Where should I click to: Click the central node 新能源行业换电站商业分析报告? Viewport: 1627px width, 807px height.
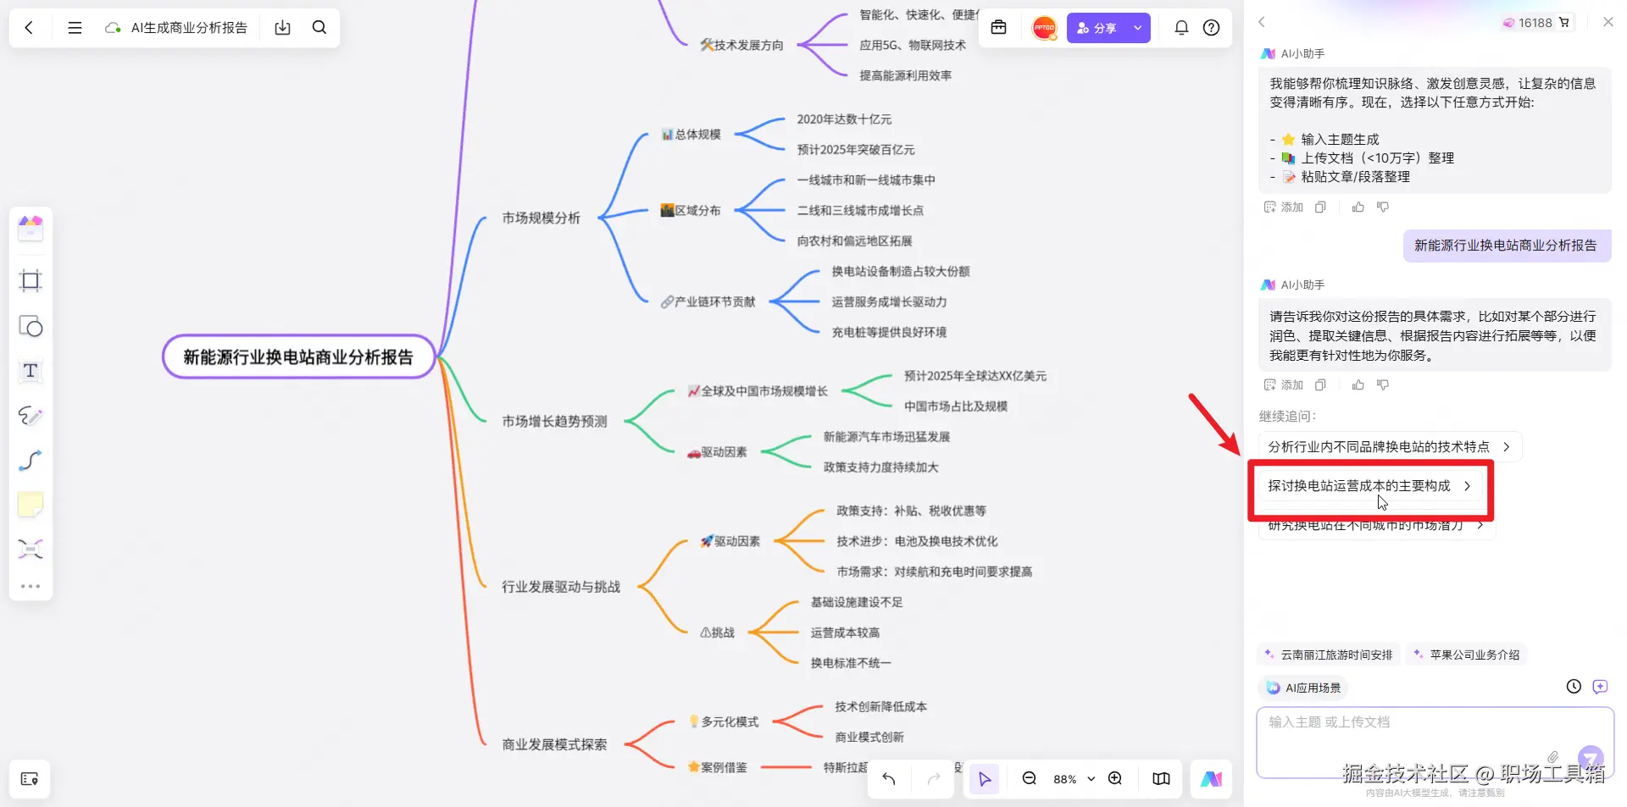coord(298,357)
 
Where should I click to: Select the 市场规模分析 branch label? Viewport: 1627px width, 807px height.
coord(541,218)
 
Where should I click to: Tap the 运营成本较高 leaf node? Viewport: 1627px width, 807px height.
coord(845,633)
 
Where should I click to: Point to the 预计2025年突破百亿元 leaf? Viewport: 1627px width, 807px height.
coord(855,150)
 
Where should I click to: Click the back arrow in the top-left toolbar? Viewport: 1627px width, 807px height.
coord(29,28)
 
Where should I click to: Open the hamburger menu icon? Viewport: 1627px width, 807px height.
coord(75,28)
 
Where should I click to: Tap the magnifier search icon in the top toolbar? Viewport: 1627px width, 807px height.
coord(319,28)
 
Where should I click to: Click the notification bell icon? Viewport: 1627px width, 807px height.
coord(1181,28)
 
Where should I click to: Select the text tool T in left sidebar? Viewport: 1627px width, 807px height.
coord(31,371)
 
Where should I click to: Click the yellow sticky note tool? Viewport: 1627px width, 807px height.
coord(31,505)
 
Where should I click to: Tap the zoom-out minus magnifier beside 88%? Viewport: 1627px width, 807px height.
coord(1029,778)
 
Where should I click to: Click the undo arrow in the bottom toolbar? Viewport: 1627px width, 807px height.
coord(889,778)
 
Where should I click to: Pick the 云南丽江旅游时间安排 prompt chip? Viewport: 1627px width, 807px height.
coord(1329,655)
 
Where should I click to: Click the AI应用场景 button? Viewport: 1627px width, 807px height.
coord(1304,688)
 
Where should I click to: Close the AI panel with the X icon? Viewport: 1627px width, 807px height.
coord(1608,22)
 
